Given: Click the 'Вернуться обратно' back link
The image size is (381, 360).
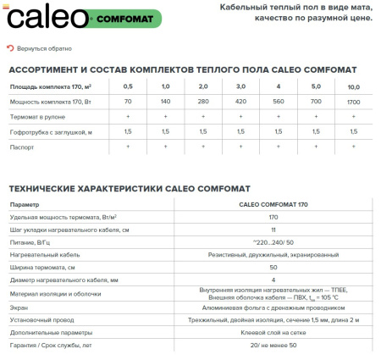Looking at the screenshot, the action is coord(43,49).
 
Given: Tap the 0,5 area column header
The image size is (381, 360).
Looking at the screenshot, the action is coord(128,86).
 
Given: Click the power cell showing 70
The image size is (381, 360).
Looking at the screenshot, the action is coord(128,101).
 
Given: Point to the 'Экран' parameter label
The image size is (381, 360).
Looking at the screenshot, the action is coord(19,309).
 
